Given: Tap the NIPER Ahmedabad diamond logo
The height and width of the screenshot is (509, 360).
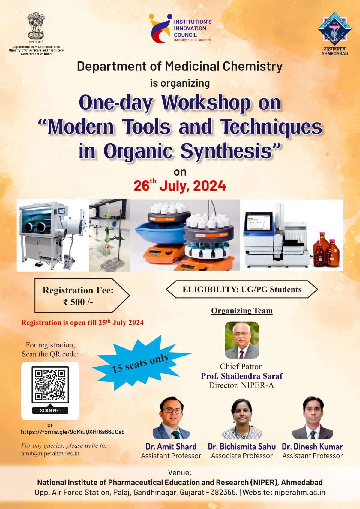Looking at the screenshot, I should point(334,29).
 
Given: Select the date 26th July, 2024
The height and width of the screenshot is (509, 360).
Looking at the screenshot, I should point(180,186).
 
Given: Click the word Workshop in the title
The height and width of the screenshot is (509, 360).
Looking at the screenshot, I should point(206,103).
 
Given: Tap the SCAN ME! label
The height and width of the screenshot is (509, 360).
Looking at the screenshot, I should point(50,410).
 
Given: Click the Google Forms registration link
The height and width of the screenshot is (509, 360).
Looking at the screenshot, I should point(73,432).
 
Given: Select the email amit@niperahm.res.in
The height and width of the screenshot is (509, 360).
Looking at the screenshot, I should point(50,453).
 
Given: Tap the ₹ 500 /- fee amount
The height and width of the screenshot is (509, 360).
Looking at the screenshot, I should point(78,302).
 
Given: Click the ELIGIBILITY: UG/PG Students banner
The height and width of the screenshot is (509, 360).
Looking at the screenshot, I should point(242,290).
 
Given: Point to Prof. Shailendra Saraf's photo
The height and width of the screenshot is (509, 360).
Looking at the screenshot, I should point(242,340).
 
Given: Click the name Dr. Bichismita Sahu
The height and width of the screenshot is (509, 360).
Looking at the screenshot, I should point(242,447).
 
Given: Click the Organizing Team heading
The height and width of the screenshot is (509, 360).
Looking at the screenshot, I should point(242,311).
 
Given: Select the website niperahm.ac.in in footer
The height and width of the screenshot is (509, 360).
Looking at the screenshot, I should point(300,492).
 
